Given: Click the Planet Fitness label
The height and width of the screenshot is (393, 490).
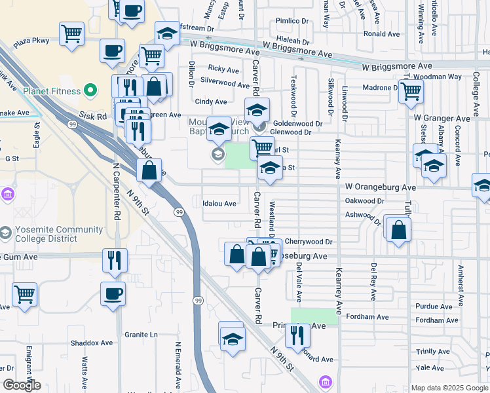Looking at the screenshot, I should tap(54, 90).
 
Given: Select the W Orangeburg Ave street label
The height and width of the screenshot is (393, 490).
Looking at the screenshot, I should tap(381, 187).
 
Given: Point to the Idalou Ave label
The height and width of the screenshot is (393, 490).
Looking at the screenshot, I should tap(219, 204).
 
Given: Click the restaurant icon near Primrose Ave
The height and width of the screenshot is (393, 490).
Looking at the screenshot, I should tap(297, 335).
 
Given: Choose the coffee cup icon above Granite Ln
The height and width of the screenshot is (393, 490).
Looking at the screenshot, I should tap(113, 293).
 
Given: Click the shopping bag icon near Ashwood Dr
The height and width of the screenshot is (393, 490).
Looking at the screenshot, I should tap(398, 230).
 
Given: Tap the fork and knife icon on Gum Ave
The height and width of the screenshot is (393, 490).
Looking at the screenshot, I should tap(115, 259).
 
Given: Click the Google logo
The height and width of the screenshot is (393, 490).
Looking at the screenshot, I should tap(22, 385).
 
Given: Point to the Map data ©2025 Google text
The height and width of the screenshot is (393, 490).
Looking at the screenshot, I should tap(449, 388).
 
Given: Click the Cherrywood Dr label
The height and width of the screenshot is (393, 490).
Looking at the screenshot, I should tap(309, 242).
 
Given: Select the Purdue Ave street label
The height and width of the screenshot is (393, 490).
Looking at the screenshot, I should tap(434, 307).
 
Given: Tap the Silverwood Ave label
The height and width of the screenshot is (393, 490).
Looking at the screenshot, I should tap(225, 84).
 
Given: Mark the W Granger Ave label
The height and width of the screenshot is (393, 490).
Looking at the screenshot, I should tap(442, 119).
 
